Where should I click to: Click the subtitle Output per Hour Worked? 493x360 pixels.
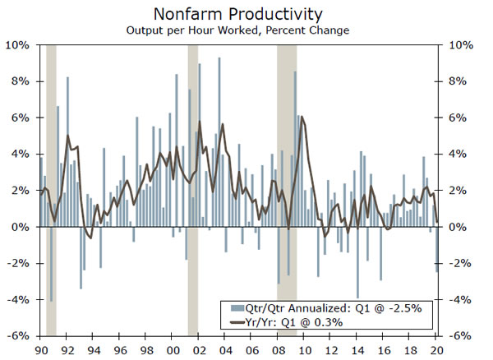[237, 30]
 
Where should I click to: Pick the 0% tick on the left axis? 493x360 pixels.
[21, 227]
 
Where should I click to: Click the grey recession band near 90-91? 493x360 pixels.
[51, 189]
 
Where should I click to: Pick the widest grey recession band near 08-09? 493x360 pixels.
[286, 189]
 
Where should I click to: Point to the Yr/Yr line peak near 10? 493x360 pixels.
[302, 118]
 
